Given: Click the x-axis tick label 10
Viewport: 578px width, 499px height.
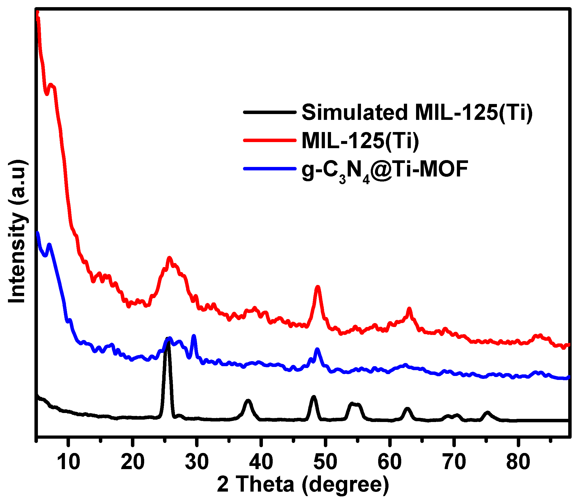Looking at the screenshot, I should tap(68, 462).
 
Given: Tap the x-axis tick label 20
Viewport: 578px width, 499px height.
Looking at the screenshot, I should tap(133, 462).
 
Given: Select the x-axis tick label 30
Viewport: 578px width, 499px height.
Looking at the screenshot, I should tap(197, 462).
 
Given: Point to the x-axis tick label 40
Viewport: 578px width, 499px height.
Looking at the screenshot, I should tap(261, 462).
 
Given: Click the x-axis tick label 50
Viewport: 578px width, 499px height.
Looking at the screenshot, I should tap(325, 462).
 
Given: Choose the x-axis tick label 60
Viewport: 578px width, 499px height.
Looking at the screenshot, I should tap(390, 462).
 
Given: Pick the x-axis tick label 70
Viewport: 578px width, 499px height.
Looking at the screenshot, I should tap(454, 462).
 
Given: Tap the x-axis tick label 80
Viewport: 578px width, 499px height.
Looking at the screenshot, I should tap(518, 462).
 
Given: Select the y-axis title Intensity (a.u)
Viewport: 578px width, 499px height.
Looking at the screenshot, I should tap(17, 231).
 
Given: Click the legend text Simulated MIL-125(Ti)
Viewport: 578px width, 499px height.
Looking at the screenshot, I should tap(417, 112).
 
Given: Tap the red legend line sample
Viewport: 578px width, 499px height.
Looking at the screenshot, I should tap(270, 140).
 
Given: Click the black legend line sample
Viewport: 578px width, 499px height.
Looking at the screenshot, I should tap(270, 112).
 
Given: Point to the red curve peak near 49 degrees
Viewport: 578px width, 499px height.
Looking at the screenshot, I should tap(317, 287).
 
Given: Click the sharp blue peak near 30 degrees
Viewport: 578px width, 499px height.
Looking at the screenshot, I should tap(194, 336).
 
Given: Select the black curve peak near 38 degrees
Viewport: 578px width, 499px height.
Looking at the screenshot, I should tap(248, 401).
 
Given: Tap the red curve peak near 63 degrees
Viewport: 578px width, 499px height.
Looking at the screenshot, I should tap(409, 309).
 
